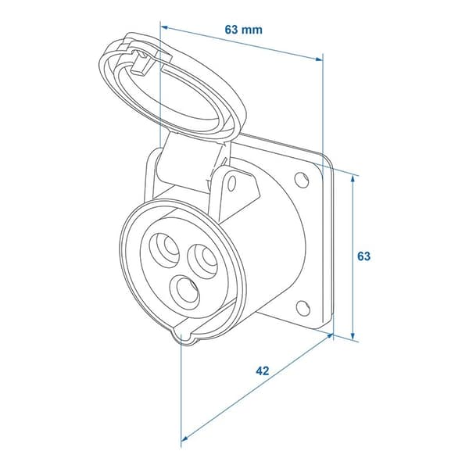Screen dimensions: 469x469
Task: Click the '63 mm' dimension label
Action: coord(243,30)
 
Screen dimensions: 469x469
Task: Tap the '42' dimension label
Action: coord(263,371)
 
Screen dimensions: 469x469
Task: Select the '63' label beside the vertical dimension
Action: coord(363,256)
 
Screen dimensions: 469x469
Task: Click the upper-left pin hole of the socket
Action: coord(164,249)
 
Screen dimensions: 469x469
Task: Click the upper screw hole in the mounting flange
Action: coord(302,179)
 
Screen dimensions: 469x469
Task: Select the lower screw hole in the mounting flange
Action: coord(303,308)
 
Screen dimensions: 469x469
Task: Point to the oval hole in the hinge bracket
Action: coord(232,184)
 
